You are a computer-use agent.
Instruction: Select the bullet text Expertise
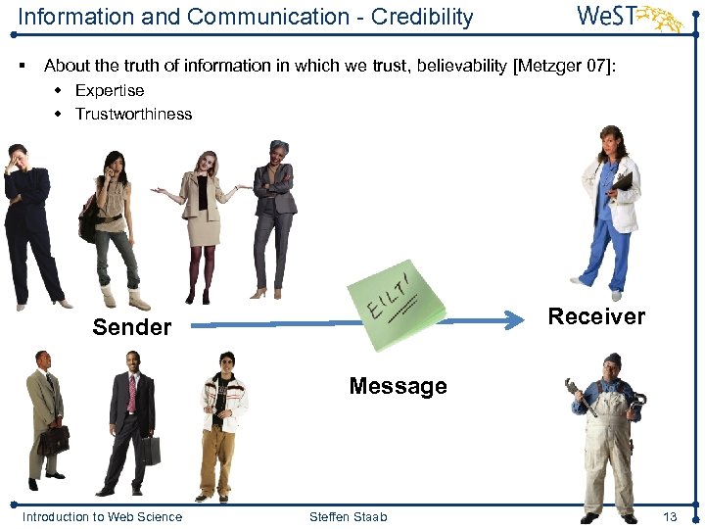tap(110, 90)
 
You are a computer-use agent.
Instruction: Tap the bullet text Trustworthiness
tap(133, 114)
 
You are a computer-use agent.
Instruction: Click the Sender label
tap(131, 327)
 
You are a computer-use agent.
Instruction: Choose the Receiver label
tap(596, 316)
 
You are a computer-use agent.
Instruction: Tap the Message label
tap(398, 386)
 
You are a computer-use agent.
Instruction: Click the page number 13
tap(670, 516)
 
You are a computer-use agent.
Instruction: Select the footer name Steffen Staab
tap(348, 516)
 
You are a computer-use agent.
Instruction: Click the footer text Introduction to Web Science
tap(102, 516)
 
